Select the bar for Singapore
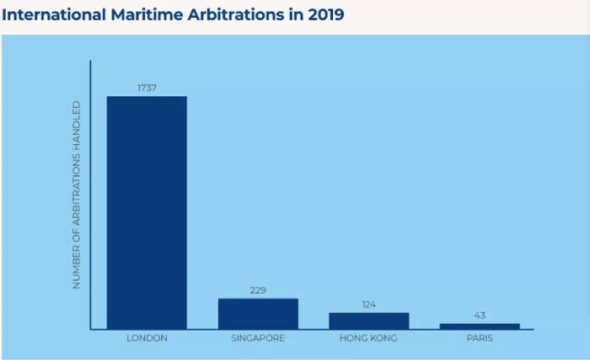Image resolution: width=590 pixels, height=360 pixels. [258, 314]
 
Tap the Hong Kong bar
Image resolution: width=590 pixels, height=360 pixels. [368, 320]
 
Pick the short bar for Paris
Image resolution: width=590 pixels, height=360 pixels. [480, 326]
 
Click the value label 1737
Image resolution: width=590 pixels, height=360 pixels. [147, 88]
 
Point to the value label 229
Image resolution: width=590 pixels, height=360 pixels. [258, 290]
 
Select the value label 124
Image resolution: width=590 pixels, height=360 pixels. [368, 304]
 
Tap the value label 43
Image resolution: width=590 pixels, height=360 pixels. [480, 315]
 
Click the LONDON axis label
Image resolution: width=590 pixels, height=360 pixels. [147, 339]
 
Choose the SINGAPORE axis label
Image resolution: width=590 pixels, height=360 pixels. [258, 339]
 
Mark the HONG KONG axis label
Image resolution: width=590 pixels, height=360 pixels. [368, 339]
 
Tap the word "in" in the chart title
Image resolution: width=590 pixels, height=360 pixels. [296, 15]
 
